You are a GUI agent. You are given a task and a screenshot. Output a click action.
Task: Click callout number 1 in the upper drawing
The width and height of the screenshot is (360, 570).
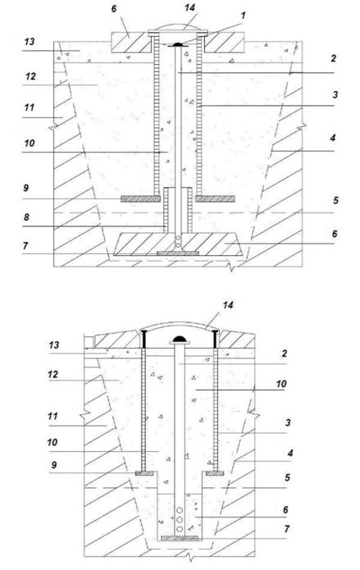pos(243,16)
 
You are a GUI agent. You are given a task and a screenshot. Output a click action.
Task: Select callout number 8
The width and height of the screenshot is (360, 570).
pos(26,217)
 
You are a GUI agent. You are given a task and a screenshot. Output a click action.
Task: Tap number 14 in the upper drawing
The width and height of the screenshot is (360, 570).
pos(189,7)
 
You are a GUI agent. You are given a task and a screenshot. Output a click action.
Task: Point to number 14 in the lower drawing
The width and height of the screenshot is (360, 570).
pos(228,304)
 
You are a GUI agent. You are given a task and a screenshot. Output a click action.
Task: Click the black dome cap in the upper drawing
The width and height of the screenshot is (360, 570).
pos(178,44)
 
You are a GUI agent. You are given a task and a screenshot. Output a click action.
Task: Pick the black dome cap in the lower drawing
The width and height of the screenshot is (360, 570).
pos(179,339)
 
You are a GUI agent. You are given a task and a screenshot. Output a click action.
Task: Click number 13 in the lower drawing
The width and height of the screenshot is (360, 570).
pos(54,344)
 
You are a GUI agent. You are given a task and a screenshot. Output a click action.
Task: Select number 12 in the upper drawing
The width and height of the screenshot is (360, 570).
pos(31,76)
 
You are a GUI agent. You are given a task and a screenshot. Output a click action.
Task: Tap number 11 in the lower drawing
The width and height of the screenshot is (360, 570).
pos(52,416)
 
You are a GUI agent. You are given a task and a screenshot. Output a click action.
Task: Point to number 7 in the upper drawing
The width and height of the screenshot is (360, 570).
pos(25,246)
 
